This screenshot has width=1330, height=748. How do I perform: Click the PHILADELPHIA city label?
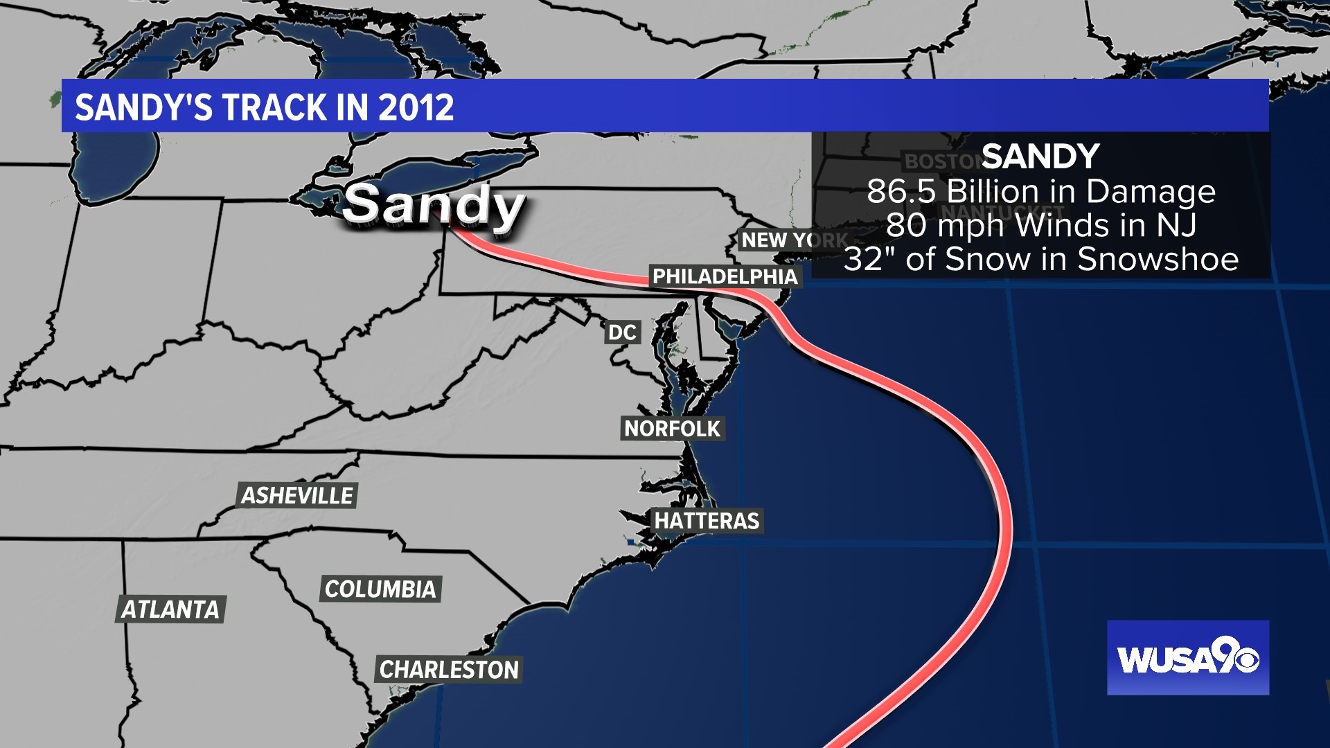point(725,276)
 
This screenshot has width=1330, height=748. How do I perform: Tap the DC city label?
point(622,332)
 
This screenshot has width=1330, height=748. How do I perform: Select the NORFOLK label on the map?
point(672,429)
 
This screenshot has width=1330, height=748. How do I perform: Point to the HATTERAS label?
point(707,521)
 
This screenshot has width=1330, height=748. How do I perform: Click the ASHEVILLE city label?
point(297,496)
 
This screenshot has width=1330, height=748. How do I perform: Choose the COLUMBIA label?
point(380,589)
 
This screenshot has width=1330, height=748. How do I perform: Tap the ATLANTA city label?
point(170,609)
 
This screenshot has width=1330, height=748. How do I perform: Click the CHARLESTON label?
point(448,670)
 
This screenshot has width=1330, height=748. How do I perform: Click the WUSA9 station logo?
point(1187,658)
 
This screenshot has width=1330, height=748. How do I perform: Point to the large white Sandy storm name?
point(433,206)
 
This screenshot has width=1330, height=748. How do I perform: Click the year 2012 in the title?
point(416,107)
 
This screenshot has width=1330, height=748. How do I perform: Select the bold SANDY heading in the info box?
point(1040,157)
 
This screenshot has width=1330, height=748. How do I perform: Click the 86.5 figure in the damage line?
point(901,191)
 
